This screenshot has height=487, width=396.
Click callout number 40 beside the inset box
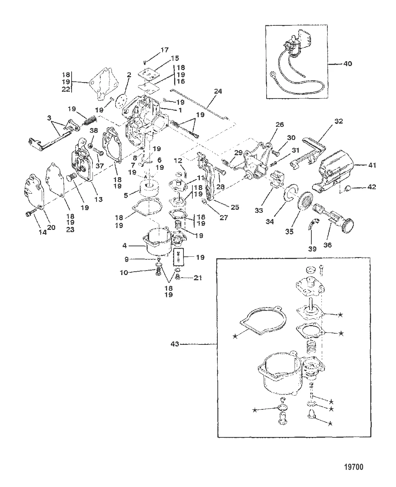(x=347, y=64)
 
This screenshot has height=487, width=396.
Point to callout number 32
(x=338, y=121)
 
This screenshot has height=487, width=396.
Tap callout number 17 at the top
(x=164, y=50)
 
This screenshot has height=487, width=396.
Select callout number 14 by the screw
(x=42, y=232)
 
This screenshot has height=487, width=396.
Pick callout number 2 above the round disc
(x=129, y=75)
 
